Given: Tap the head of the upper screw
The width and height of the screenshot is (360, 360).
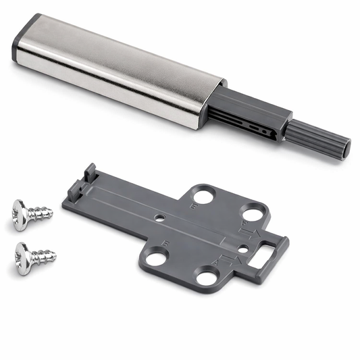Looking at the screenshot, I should [x=20, y=215].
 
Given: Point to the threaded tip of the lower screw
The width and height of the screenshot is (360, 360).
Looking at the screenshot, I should [x=50, y=256].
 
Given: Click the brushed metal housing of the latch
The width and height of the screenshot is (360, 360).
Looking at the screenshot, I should [x=115, y=71].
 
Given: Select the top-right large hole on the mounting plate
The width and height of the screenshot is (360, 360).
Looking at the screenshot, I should [x=253, y=215].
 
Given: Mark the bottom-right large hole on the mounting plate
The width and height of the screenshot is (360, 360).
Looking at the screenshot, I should [x=207, y=276].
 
